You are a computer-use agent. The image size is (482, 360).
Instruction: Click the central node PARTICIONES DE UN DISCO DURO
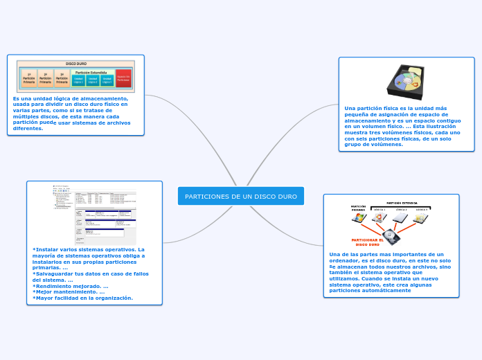240,197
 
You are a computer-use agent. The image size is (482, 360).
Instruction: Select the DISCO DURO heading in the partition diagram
75,63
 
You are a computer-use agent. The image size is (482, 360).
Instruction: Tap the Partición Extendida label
91,72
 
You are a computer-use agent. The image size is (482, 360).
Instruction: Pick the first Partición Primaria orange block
29,80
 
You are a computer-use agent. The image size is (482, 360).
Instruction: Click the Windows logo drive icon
359,218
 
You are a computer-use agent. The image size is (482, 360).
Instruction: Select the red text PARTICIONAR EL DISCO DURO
367,242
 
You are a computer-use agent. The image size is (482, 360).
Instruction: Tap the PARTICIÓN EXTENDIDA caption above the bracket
401,204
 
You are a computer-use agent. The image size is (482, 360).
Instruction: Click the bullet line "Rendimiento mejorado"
70,286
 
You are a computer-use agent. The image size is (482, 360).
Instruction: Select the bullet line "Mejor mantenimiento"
69,291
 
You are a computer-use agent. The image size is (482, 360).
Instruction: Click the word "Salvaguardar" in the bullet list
55,273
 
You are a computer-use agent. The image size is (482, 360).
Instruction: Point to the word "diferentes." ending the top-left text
28,128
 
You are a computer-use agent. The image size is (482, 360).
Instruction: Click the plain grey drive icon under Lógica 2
400,218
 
